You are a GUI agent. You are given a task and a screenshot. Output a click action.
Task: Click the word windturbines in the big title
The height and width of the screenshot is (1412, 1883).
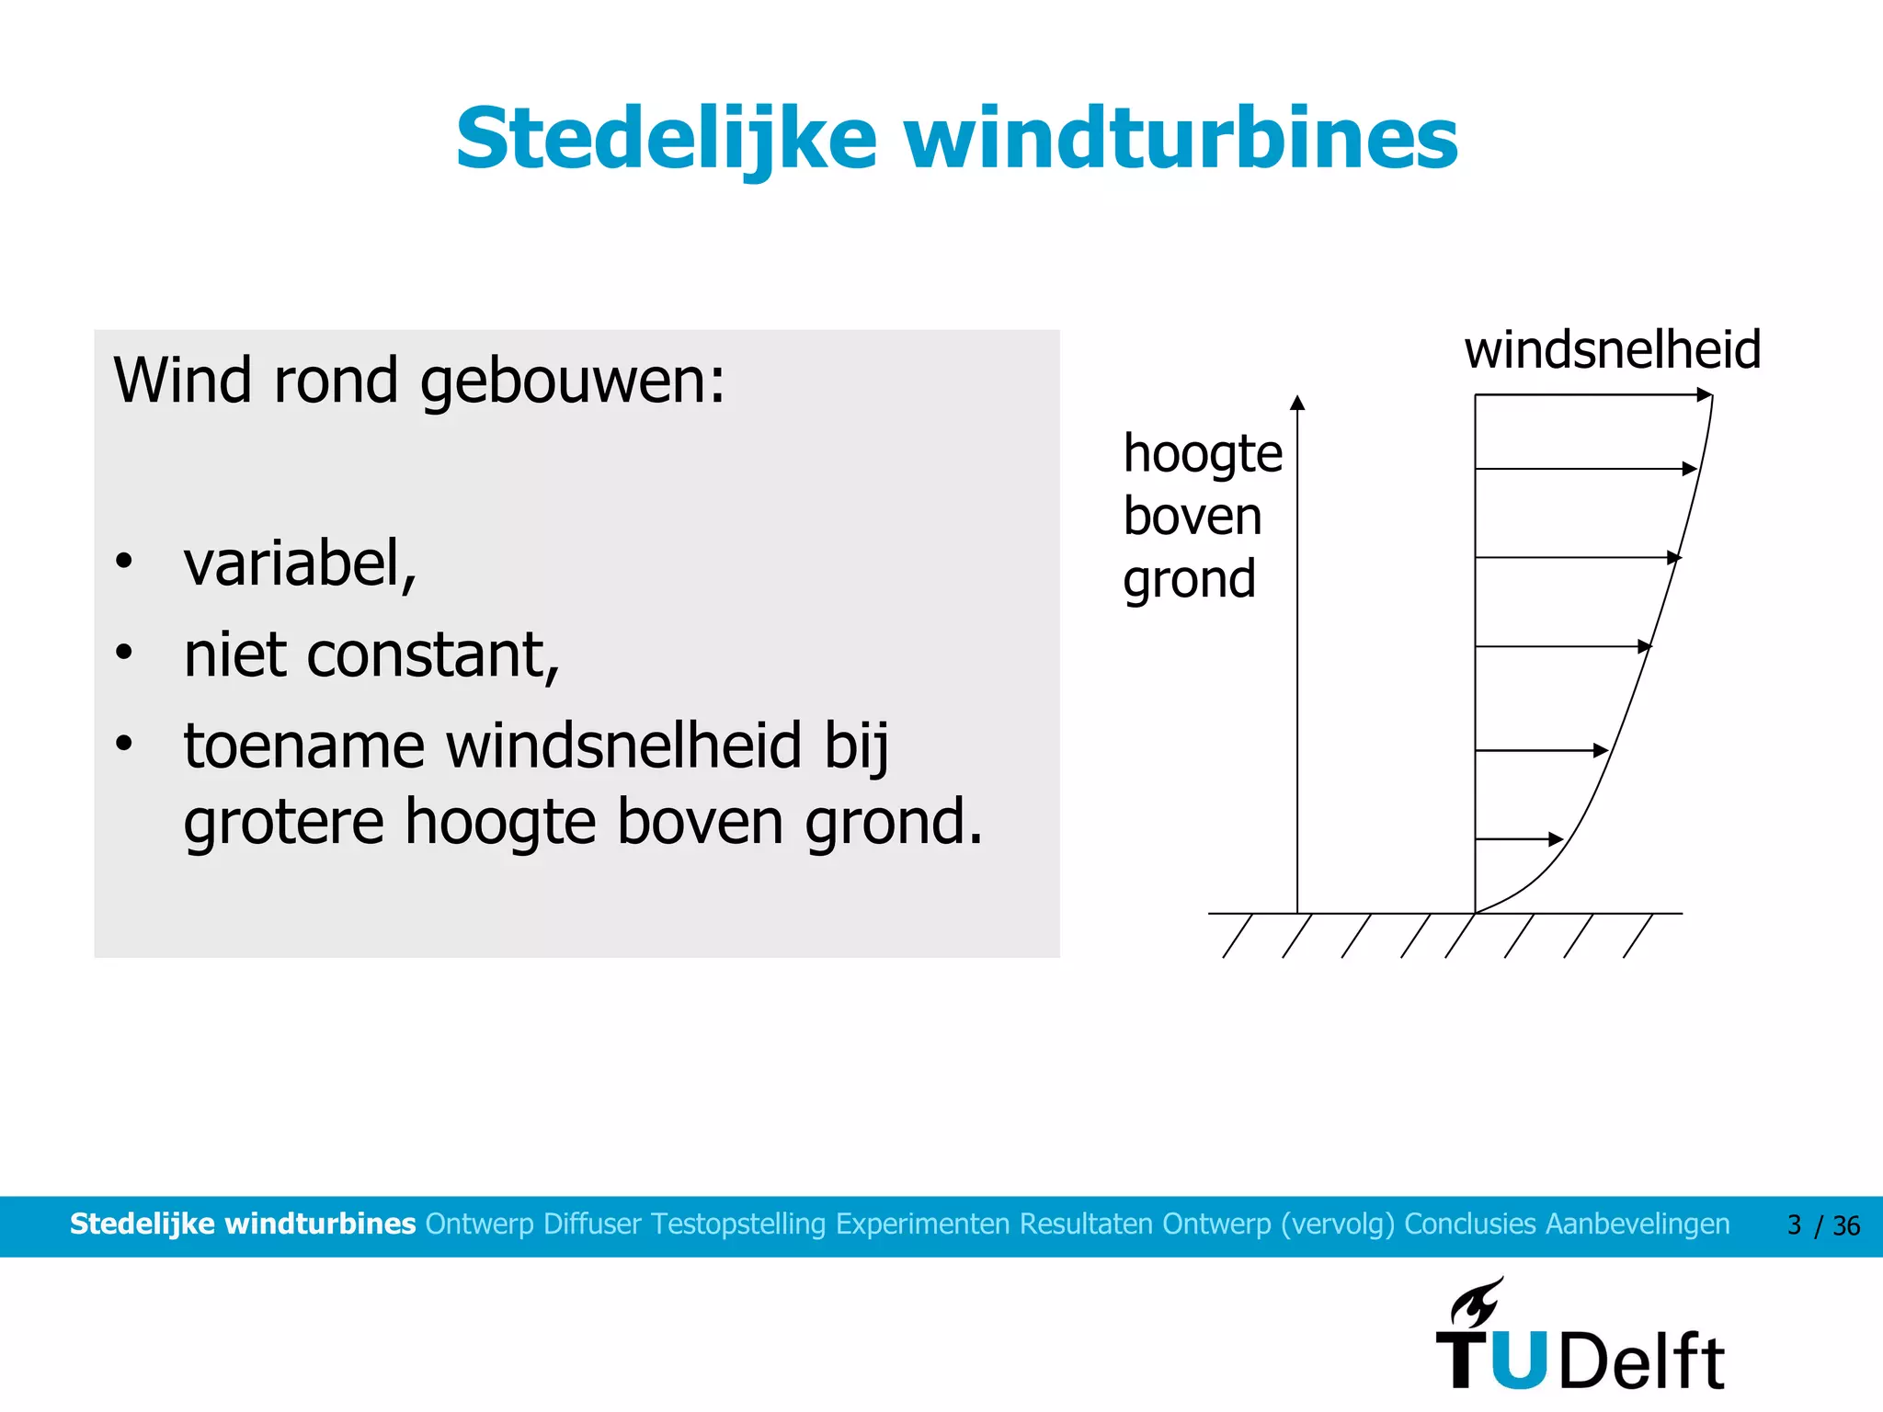[1181, 140]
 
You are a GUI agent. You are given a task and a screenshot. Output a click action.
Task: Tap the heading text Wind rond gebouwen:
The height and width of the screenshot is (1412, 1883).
[418, 381]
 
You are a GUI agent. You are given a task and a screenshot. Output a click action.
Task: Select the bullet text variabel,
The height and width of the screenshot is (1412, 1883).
[300, 564]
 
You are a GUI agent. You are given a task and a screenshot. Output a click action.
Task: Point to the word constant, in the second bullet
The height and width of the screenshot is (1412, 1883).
[432, 655]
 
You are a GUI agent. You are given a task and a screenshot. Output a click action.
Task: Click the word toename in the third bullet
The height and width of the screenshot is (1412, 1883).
[303, 746]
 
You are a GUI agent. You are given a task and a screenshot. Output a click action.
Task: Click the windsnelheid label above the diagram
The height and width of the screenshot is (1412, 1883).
[1612, 350]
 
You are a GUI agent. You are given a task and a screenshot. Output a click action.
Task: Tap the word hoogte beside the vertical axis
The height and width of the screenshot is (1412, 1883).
[1202, 454]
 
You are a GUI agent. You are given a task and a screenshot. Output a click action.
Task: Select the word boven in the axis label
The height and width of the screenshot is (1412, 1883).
[1192, 517]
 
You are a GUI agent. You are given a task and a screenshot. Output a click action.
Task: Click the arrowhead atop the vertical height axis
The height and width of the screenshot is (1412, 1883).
[1297, 403]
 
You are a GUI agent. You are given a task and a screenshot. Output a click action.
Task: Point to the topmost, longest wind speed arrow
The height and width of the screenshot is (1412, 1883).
[1591, 395]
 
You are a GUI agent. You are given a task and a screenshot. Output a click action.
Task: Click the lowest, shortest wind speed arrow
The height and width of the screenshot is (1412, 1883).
[1517, 838]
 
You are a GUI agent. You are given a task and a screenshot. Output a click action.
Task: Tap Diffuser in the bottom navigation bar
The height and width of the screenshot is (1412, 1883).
[592, 1224]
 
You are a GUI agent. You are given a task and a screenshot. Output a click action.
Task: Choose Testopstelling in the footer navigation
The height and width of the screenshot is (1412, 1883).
[738, 1224]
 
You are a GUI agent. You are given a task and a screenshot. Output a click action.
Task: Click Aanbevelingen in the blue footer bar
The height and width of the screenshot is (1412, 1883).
[1637, 1224]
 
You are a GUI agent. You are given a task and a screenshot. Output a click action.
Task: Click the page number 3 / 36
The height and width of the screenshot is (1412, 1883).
[1822, 1225]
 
